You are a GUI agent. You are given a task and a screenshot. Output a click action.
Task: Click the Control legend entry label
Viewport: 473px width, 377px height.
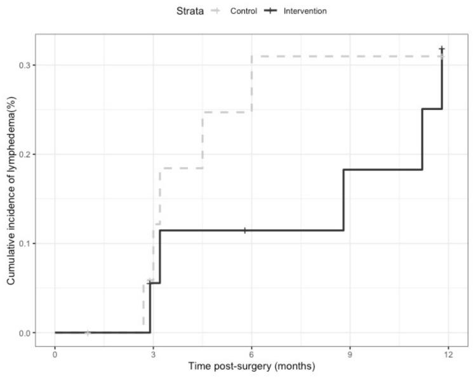point(244,11)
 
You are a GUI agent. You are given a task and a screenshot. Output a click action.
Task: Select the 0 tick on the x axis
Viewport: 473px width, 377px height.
point(55,353)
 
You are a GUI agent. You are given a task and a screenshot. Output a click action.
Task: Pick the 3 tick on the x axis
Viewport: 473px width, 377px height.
point(153,353)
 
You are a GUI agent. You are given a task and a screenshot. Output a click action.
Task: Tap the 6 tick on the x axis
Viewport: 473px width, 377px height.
point(251,353)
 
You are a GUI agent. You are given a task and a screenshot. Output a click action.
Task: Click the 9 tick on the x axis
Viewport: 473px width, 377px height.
point(350,353)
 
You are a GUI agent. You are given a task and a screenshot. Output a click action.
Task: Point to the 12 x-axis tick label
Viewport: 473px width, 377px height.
point(448,353)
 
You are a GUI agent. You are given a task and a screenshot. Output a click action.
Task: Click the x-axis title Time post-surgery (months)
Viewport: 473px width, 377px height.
point(251,367)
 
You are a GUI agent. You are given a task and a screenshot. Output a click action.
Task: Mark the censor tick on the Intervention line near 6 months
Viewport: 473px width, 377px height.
point(245,230)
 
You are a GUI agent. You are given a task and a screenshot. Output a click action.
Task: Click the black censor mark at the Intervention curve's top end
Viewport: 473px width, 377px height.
point(442,49)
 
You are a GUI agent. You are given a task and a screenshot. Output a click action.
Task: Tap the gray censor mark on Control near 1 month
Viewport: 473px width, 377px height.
point(88,332)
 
